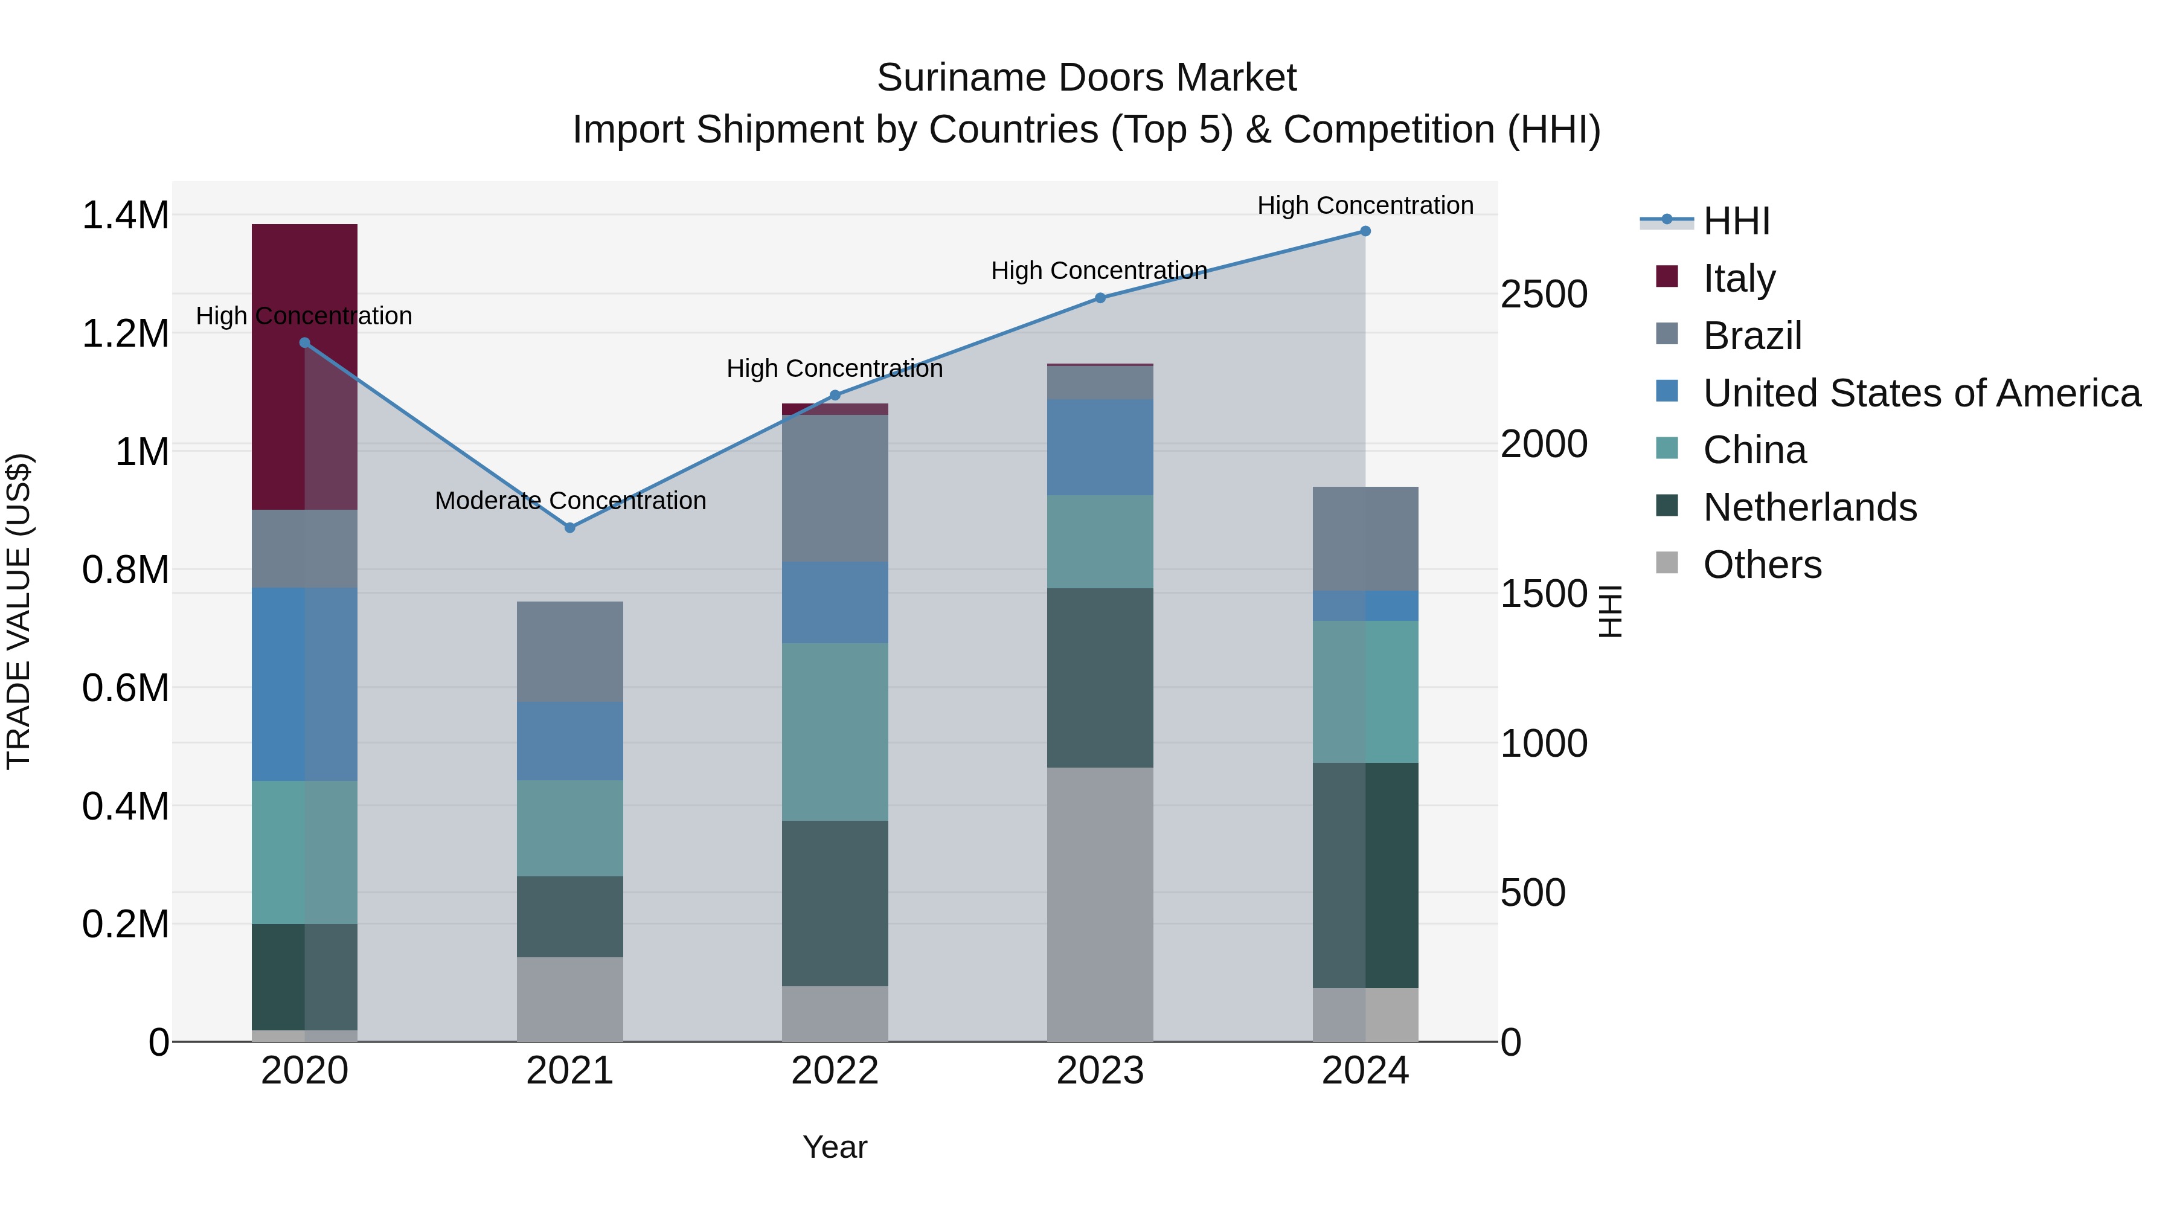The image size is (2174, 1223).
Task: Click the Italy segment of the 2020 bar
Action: pyautogui.click(x=305, y=367)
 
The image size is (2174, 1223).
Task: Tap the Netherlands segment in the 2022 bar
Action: pyautogui.click(x=835, y=903)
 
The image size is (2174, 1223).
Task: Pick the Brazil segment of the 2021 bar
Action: pyautogui.click(x=569, y=652)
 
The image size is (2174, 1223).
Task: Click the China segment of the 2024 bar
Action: pyautogui.click(x=1365, y=692)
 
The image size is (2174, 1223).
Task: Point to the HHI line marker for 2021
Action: pyautogui.click(x=569, y=527)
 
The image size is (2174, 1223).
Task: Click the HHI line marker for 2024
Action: pyautogui.click(x=1365, y=231)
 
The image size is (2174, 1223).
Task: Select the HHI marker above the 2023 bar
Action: pyautogui.click(x=1100, y=298)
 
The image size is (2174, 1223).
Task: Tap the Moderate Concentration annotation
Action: pyautogui.click(x=571, y=501)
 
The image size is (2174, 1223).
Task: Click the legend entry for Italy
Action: pyautogui.click(x=1739, y=278)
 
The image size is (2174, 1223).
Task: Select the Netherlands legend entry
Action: pyautogui.click(x=1809, y=507)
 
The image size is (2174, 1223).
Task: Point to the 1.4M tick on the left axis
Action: pyautogui.click(x=125, y=215)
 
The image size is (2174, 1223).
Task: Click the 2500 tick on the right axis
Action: pyautogui.click(x=1544, y=295)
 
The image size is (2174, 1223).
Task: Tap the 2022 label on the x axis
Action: pyautogui.click(x=835, y=1071)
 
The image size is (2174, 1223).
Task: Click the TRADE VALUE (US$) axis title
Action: pyautogui.click(x=19, y=611)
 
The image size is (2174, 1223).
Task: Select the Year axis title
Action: pyautogui.click(x=835, y=1147)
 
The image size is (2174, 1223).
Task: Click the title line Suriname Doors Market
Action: pyautogui.click(x=1086, y=78)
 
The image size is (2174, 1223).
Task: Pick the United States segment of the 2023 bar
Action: pyautogui.click(x=1100, y=448)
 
